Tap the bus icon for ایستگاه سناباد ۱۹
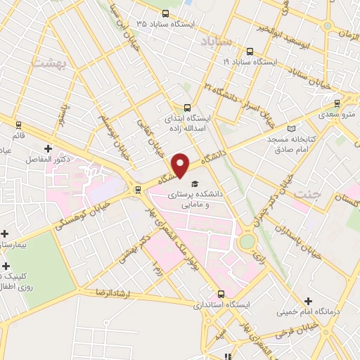(x=250, y=51)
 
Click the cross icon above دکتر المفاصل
(x=48, y=148)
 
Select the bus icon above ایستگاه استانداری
(x=221, y=294)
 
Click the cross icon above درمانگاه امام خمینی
(x=309, y=301)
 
